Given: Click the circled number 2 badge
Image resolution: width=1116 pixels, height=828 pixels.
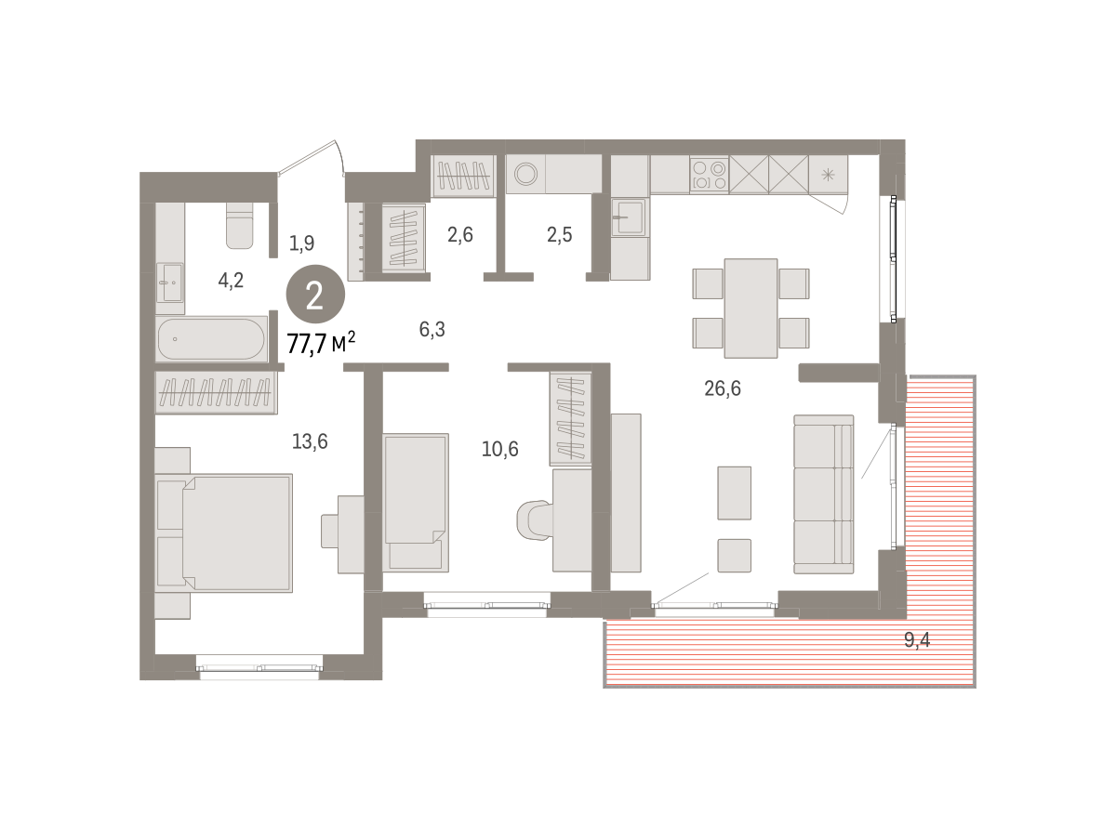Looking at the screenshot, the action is [x=315, y=294].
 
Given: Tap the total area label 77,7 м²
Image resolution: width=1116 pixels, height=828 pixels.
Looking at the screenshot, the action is [x=321, y=343].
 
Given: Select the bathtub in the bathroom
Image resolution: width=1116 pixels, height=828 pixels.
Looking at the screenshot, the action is [x=211, y=339].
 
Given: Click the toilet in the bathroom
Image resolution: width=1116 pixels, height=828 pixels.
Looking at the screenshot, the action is [x=240, y=226].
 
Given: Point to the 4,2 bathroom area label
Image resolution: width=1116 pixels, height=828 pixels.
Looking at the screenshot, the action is [x=231, y=280].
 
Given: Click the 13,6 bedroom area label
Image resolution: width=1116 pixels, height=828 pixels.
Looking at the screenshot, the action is [x=310, y=441].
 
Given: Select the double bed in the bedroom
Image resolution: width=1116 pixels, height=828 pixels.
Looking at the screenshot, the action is [x=223, y=532].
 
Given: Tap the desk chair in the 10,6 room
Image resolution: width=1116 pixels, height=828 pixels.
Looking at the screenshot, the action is [x=535, y=520].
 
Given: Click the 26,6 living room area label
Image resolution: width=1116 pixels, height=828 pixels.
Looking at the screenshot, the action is [x=722, y=388].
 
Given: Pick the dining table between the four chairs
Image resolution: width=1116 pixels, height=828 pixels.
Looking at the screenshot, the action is [x=751, y=309].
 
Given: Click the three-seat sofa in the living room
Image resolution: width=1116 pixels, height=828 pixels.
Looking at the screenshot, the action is [x=824, y=494].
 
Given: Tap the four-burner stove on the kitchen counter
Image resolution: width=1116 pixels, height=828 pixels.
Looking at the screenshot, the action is [x=710, y=174].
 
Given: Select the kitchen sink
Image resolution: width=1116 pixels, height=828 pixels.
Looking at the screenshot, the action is [x=629, y=217].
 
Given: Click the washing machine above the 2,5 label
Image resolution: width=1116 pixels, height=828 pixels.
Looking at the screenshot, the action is [x=525, y=174].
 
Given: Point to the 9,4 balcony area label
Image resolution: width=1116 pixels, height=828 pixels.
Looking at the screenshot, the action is [x=917, y=639].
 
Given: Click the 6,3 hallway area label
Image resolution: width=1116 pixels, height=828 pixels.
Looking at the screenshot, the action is [x=432, y=329].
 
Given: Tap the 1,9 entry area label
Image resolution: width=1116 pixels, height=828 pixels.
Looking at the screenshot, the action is [x=301, y=243].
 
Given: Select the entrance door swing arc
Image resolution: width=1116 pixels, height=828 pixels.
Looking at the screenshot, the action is [x=340, y=157].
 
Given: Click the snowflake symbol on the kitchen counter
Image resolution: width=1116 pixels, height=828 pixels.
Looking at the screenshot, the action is [x=828, y=175].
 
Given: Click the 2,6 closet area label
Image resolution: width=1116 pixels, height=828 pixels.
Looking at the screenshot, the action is [x=459, y=235].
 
